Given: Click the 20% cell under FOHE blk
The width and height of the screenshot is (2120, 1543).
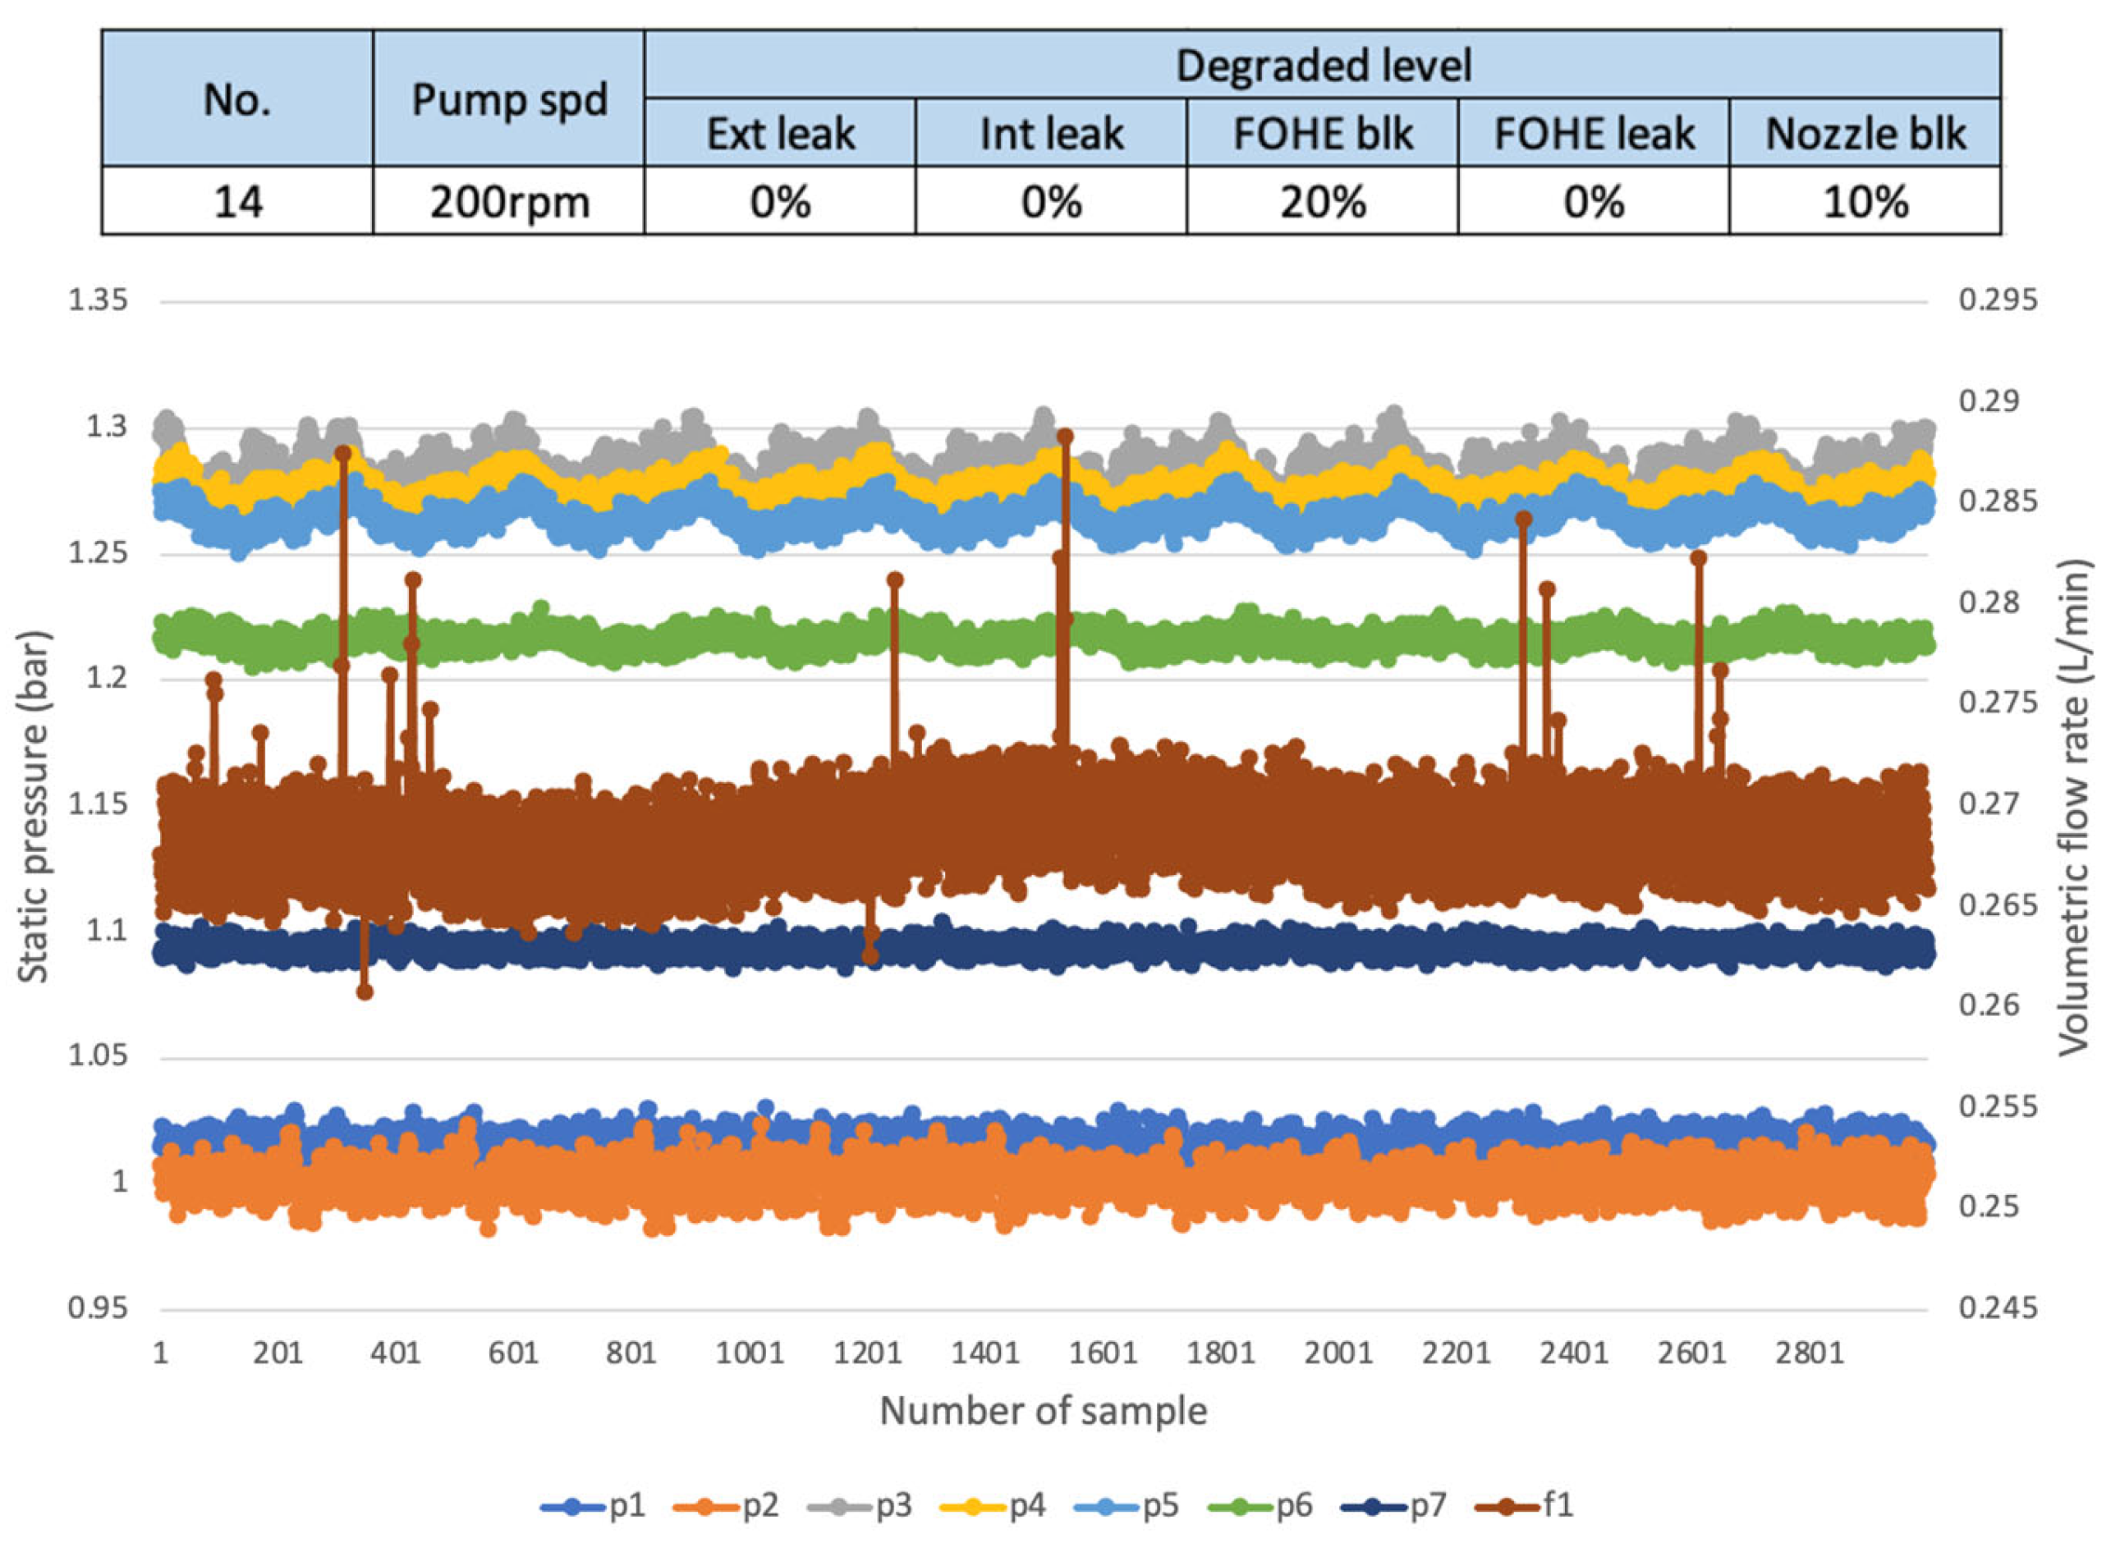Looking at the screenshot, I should point(1322,201).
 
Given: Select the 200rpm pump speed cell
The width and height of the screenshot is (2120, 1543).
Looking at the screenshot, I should point(508,201).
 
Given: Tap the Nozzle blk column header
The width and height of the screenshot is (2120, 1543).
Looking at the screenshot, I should point(1865,134).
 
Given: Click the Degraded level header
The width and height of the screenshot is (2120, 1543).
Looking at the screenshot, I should point(1322,66).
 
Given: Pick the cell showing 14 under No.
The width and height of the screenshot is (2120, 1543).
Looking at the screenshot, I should point(237,201).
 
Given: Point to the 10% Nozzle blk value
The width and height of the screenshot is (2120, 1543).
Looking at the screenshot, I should point(1865,201).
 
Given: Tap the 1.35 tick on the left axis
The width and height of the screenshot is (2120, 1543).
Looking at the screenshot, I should point(97,301).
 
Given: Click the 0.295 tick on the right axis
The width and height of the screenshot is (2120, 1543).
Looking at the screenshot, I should point(1998,301).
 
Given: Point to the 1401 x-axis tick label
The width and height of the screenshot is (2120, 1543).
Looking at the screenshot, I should point(984,1353).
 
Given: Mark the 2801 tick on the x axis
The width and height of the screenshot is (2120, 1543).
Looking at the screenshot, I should point(1810,1353).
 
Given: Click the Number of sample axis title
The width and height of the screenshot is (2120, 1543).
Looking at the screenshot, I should point(1044,1410).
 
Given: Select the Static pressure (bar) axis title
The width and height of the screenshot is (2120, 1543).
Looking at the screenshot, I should point(34,807).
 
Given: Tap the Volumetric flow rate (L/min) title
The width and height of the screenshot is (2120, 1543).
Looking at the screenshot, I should point(2073,807).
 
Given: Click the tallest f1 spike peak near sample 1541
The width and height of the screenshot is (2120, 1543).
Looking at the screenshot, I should point(1065,437).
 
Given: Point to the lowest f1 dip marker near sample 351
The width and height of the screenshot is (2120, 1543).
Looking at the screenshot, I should point(365,992).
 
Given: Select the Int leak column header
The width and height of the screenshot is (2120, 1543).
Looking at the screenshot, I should point(1051,134).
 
